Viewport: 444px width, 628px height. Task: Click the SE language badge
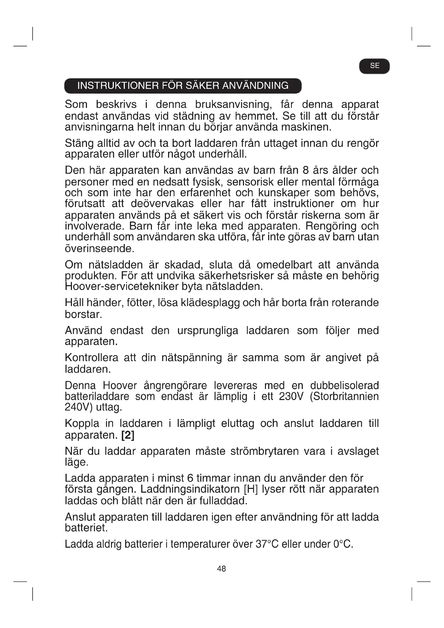(x=374, y=66)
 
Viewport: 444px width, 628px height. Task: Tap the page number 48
(x=221, y=569)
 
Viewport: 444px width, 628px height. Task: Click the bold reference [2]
(x=128, y=435)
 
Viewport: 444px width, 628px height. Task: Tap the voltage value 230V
(x=291, y=396)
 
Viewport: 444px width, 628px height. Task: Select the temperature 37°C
(x=267, y=544)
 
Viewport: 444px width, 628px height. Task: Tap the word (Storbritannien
(x=344, y=396)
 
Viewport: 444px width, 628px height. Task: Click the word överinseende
(x=100, y=248)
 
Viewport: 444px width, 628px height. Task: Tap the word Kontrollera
(x=91, y=358)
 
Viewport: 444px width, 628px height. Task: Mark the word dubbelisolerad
(x=344, y=385)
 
